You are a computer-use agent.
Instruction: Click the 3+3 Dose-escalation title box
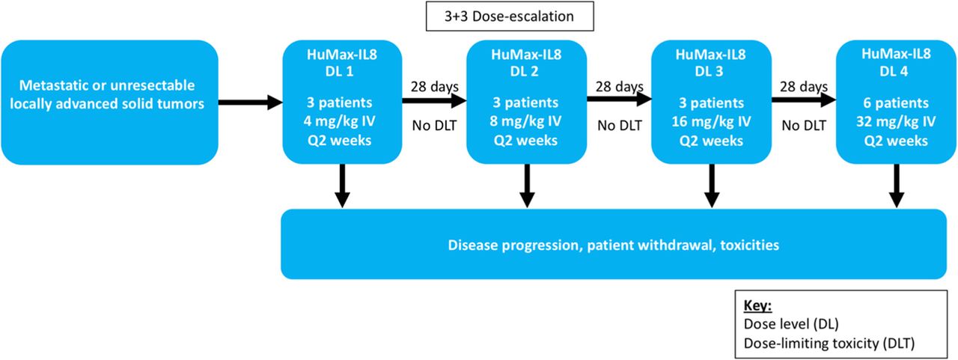510,16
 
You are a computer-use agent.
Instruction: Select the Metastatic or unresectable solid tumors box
109,103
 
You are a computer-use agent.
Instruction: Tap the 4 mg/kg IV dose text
339,121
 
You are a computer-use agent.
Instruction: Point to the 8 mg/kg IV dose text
525,121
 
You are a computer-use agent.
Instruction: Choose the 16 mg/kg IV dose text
711,121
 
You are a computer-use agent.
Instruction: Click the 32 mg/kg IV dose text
896,121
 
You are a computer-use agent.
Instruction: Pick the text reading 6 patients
896,103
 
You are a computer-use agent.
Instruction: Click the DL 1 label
339,71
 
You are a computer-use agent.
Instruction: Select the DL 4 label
894,71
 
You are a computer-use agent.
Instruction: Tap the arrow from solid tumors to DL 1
250,103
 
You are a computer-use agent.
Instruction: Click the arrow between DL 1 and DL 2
434,100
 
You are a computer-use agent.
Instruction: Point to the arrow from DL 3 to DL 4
804,100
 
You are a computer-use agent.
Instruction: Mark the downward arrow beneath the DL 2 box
527,186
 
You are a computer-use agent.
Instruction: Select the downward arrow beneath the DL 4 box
897,186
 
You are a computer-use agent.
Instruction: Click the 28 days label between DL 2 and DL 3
619,87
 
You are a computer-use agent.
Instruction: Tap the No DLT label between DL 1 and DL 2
434,126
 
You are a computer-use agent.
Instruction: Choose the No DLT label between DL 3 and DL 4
804,126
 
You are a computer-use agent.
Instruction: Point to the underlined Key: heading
757,305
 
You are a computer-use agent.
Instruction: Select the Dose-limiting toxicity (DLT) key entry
829,344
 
